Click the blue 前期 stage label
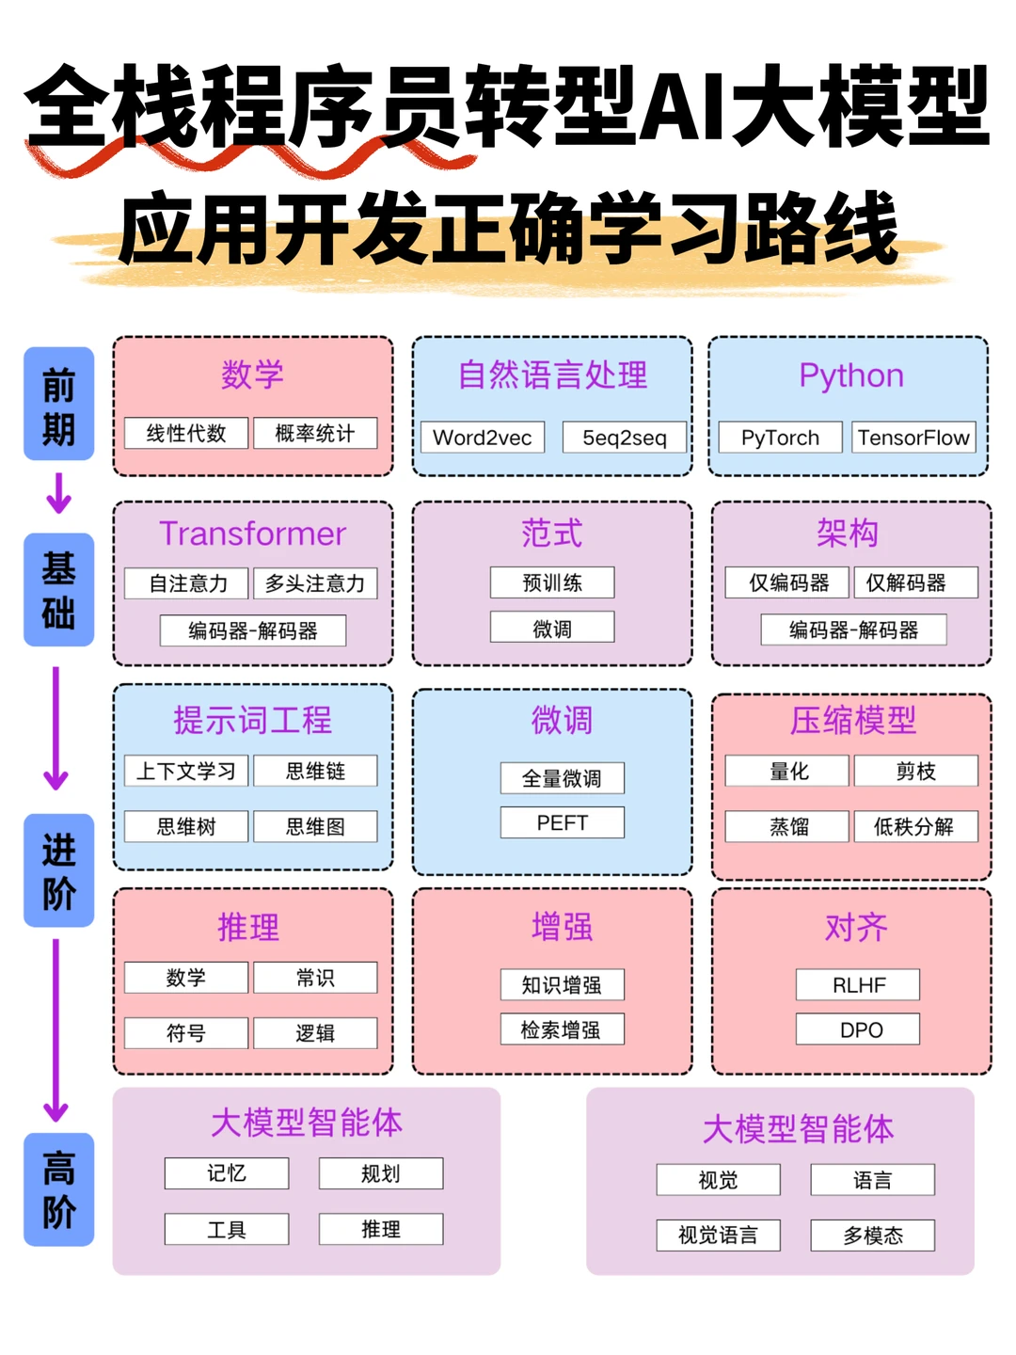point(58,404)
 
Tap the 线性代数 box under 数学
point(186,433)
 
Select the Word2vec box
point(482,438)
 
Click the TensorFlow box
point(913,438)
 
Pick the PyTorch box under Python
point(780,438)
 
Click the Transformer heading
point(252,534)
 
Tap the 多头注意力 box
point(315,583)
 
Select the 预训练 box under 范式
point(552,582)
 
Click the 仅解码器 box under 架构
point(915,582)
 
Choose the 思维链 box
point(315,771)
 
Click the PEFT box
point(562,822)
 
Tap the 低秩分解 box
point(915,826)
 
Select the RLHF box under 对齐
point(858,984)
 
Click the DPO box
point(858,1029)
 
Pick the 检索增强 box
point(562,1029)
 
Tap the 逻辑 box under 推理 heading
point(315,1032)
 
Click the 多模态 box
point(872,1235)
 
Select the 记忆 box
point(227,1173)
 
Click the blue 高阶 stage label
point(58,1189)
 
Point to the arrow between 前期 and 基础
point(58,493)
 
